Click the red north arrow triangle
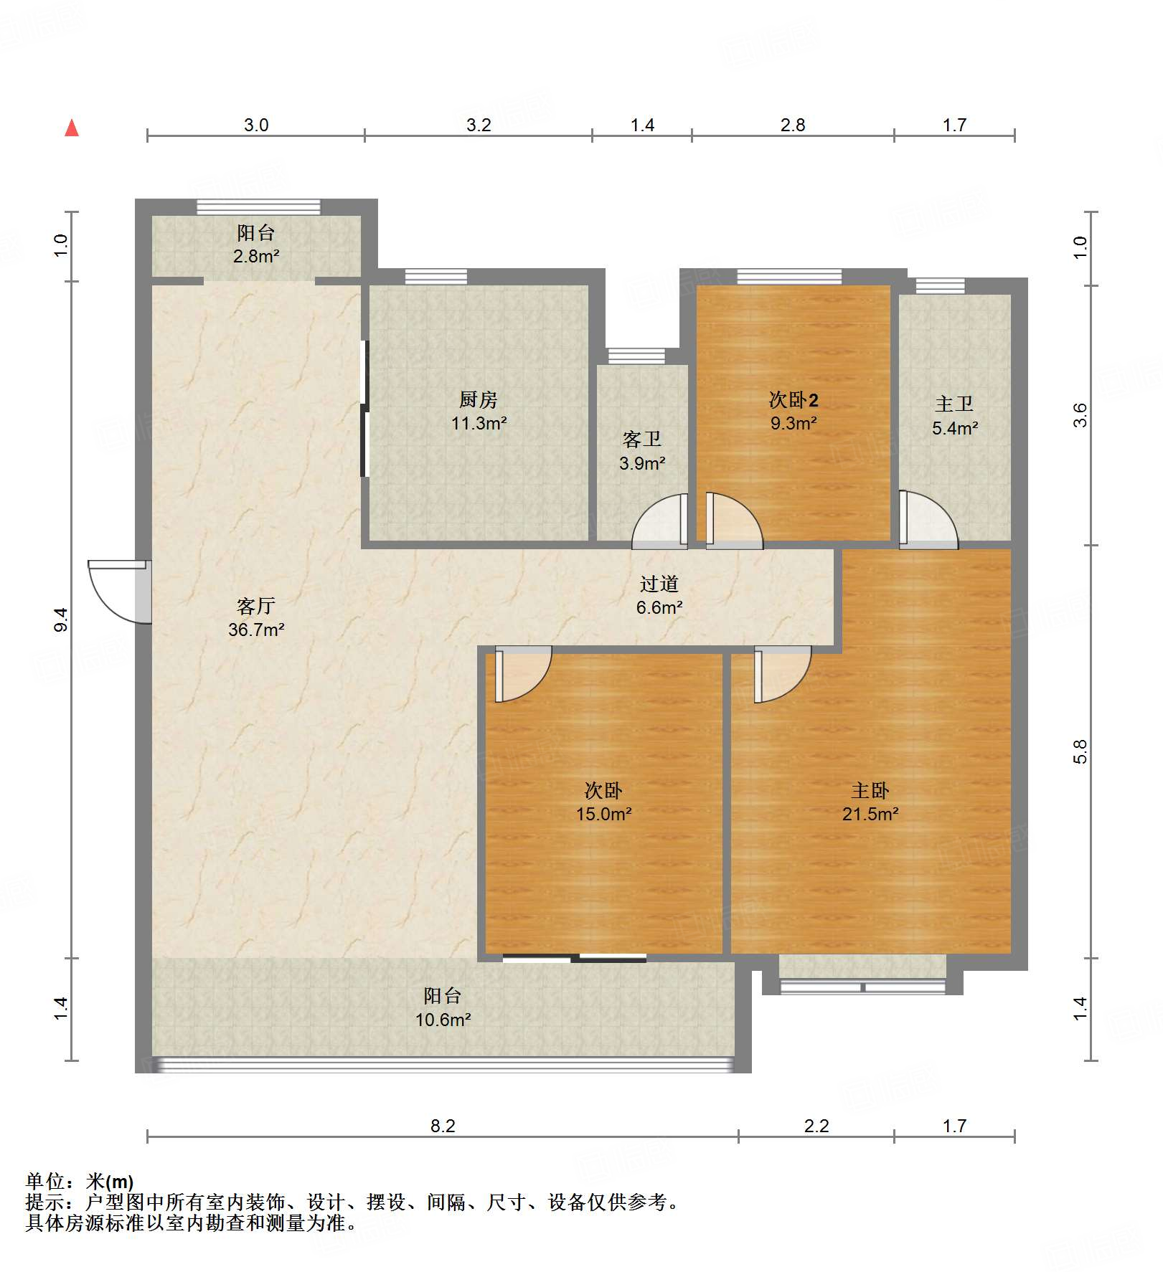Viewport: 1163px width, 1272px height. tap(72, 128)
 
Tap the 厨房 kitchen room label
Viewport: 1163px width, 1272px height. tap(479, 399)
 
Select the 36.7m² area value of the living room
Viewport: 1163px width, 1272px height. tap(256, 630)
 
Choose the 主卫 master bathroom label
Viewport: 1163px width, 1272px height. tap(954, 404)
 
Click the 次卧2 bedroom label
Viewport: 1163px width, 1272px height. tap(794, 399)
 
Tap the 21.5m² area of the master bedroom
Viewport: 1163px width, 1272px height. tap(870, 814)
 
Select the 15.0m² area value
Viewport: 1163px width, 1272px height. tap(604, 814)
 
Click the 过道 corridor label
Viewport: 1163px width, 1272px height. tap(659, 584)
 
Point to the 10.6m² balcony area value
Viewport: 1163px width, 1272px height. tap(443, 1020)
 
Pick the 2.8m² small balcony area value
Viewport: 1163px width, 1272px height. tap(256, 256)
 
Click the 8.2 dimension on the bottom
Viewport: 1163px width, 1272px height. tap(443, 1126)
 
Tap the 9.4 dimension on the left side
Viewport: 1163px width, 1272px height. tap(61, 620)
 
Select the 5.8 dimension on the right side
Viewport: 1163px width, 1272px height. tap(1080, 751)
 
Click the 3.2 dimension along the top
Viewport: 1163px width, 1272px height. tap(479, 125)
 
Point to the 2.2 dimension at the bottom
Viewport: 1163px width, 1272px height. tap(816, 1126)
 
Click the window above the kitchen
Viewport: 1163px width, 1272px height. tap(436, 277)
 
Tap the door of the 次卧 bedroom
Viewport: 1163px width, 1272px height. tap(523, 674)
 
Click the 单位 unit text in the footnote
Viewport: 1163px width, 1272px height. tap(44, 1181)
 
